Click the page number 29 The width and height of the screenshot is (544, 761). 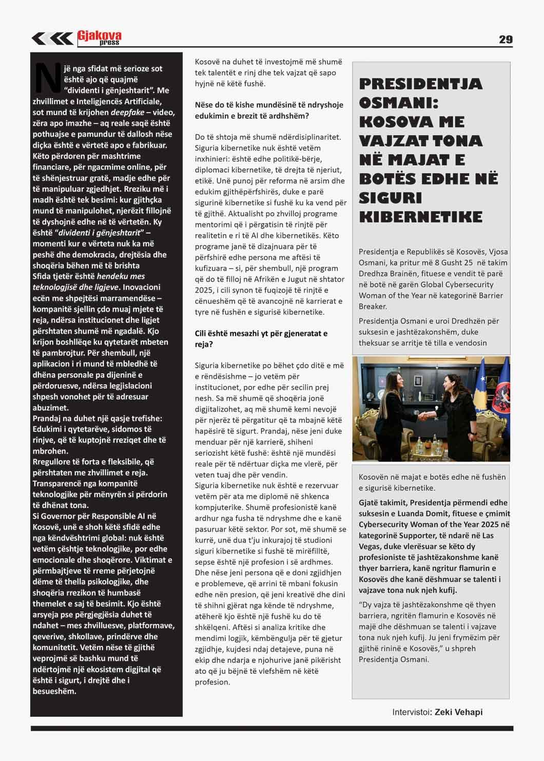(505, 40)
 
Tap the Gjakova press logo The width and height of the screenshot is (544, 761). (100, 37)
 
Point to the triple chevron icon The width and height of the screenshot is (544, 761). (52, 39)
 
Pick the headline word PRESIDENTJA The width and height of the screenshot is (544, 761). (420, 84)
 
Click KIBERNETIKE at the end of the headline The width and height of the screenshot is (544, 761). (420, 217)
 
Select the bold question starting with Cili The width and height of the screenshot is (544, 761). (261, 338)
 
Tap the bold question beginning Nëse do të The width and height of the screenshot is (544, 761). (268, 110)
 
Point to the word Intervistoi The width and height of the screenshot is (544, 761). (412, 712)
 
